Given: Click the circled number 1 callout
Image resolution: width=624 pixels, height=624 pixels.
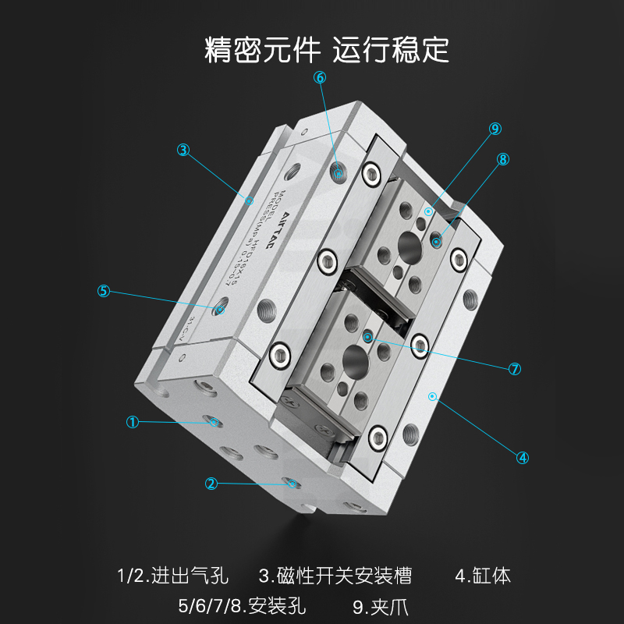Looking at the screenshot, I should click(133, 422).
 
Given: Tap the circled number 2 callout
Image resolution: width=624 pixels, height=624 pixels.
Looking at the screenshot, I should click(211, 484).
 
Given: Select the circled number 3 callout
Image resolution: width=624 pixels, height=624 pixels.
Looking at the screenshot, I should click(183, 150).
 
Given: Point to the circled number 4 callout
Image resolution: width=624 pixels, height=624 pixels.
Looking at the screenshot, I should click(523, 458).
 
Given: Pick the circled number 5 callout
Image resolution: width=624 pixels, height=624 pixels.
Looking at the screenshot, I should click(104, 291).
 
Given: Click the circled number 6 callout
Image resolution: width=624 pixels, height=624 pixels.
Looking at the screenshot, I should click(320, 77).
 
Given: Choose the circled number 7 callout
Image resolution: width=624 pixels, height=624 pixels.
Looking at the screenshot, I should click(515, 369).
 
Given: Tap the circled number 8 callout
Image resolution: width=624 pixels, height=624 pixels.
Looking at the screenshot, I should click(503, 158).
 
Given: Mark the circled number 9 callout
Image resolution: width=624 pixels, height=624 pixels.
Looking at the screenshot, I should click(495, 129).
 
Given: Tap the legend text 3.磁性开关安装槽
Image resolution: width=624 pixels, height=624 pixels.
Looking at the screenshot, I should click(335, 576).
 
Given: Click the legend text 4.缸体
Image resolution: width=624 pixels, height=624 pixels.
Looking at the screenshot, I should click(483, 576).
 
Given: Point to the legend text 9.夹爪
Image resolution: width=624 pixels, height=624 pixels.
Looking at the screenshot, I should click(381, 605).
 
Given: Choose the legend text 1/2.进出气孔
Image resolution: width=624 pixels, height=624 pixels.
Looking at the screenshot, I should click(172, 576).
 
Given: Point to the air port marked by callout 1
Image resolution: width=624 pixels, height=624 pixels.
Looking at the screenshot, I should click(214, 423).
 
